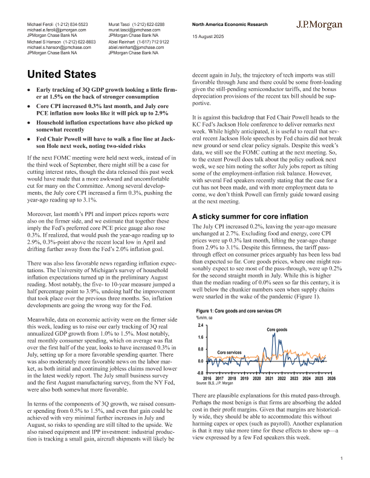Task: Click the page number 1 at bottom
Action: click(x=342, y=460)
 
